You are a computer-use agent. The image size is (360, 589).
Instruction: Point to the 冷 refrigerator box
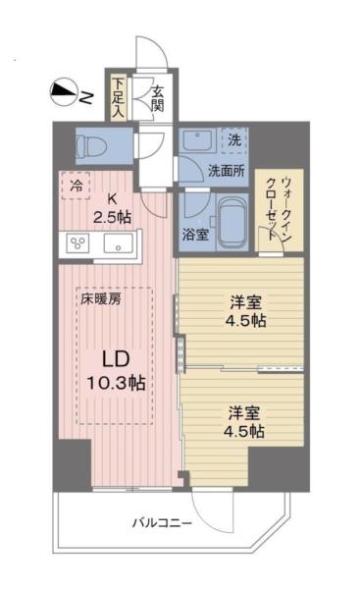[x=77, y=183]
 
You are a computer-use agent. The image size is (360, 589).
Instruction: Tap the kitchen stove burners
[x=77, y=242]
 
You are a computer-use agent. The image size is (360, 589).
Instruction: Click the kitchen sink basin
[x=120, y=242]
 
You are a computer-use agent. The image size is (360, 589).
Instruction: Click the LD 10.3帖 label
[x=114, y=371]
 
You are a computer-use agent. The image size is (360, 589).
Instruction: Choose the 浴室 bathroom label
[x=194, y=235]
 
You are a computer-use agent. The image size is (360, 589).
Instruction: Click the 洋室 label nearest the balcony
[x=240, y=421]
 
